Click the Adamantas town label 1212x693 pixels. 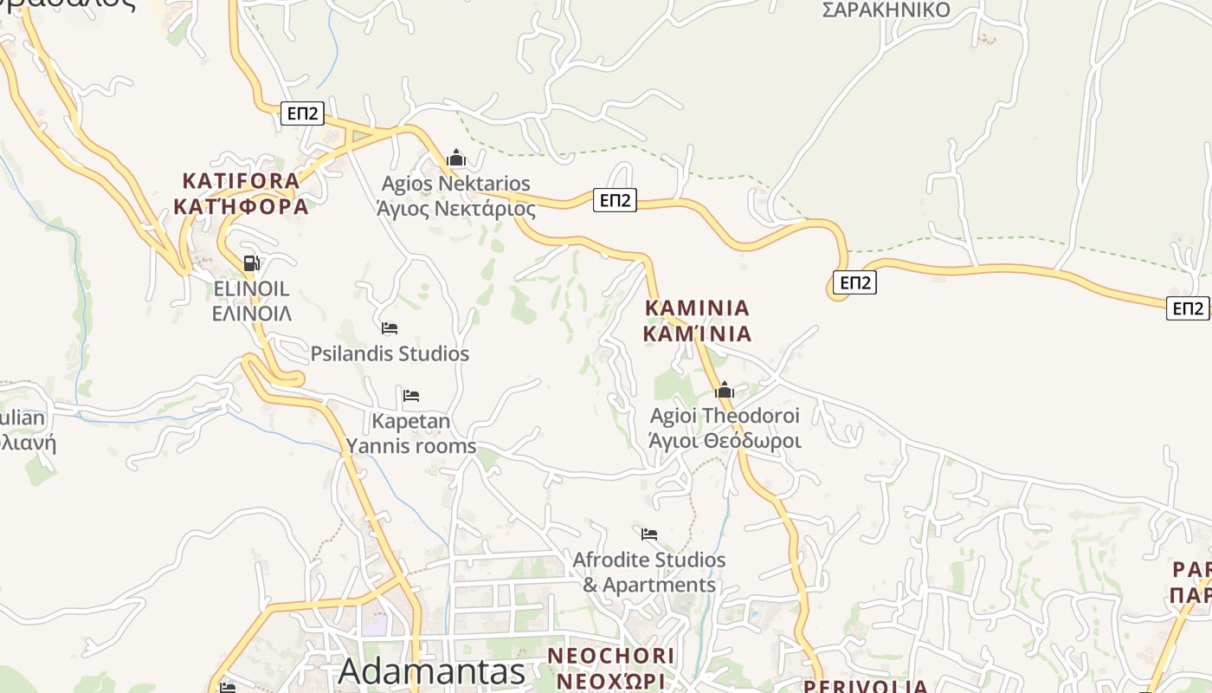(x=432, y=671)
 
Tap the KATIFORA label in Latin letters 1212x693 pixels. (x=241, y=181)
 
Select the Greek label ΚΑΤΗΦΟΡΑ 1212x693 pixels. (x=241, y=207)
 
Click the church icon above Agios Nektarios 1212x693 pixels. (x=456, y=158)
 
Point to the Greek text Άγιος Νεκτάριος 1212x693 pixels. (x=456, y=209)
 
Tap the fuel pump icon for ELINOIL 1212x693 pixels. (x=251, y=263)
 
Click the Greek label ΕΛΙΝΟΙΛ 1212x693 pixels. (x=251, y=313)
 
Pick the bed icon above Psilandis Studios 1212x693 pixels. (x=390, y=328)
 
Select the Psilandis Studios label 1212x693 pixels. (x=390, y=353)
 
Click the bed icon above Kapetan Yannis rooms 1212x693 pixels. (x=411, y=396)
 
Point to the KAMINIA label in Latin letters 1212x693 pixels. (x=697, y=308)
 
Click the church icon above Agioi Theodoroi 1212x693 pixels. (x=725, y=391)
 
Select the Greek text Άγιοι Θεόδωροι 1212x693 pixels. (x=725, y=440)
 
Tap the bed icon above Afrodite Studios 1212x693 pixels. (x=649, y=534)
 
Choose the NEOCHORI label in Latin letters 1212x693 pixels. (x=611, y=655)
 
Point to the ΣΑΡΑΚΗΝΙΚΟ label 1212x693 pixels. (x=886, y=10)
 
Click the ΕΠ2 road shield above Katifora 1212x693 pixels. (x=302, y=113)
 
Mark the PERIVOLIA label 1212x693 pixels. (x=866, y=686)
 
